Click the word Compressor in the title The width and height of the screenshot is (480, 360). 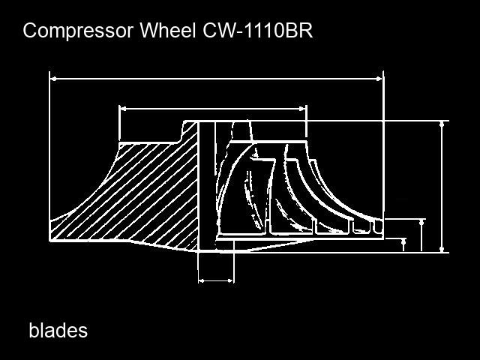pyautogui.click(x=78, y=31)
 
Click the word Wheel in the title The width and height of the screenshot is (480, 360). pyautogui.click(x=168, y=30)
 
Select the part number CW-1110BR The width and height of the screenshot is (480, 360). pyautogui.click(x=257, y=30)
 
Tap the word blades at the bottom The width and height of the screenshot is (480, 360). pyautogui.click(x=58, y=331)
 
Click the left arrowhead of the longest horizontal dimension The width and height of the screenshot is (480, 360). pyautogui.click(x=53, y=79)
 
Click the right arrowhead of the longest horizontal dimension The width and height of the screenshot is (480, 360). pyautogui.click(x=379, y=79)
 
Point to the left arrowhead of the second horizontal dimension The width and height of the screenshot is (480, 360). pyautogui.click(x=123, y=108)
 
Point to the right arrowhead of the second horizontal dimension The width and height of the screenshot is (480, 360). pyautogui.click(x=302, y=108)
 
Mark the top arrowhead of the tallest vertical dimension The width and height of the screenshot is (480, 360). pyautogui.click(x=442, y=124)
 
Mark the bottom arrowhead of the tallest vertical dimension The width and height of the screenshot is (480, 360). pyautogui.click(x=442, y=249)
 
